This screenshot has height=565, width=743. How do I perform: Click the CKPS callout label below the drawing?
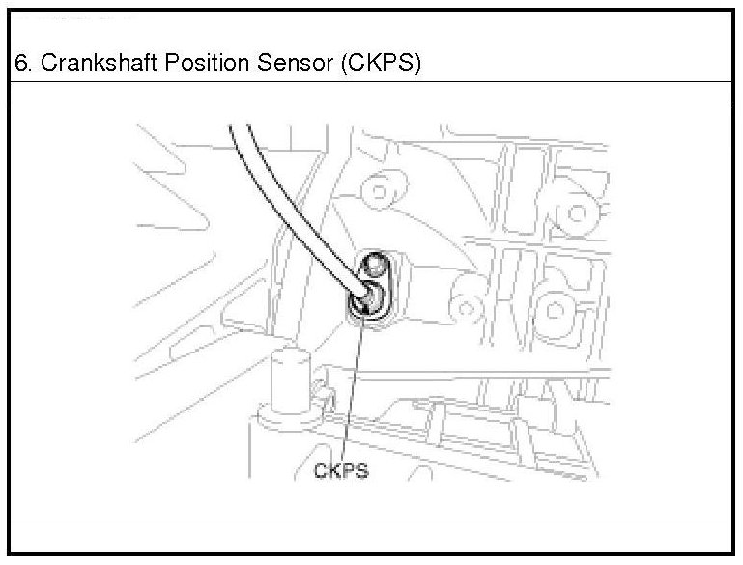click(x=341, y=472)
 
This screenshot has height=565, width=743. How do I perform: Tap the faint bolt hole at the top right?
click(x=581, y=209)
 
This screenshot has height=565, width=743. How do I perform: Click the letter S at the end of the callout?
click(x=362, y=472)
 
